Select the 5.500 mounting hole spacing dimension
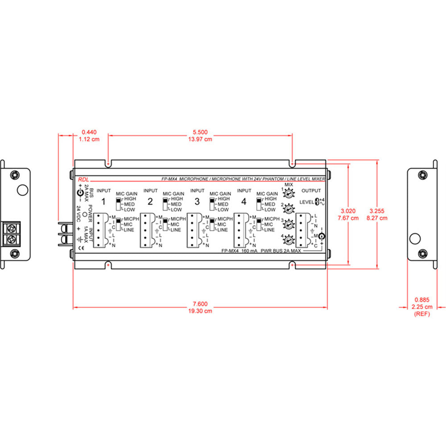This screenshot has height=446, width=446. tap(199, 132)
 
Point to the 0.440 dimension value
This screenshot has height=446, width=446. tap(89, 132)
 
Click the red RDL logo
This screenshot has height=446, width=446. tap(83, 178)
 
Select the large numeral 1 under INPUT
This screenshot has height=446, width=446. tap(103, 202)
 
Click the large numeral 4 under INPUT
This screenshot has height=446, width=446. tap(243, 202)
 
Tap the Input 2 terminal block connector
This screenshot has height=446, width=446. tap(147, 230)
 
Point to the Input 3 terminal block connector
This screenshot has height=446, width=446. tap(194, 230)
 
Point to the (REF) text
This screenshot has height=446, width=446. tap(421, 314)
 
